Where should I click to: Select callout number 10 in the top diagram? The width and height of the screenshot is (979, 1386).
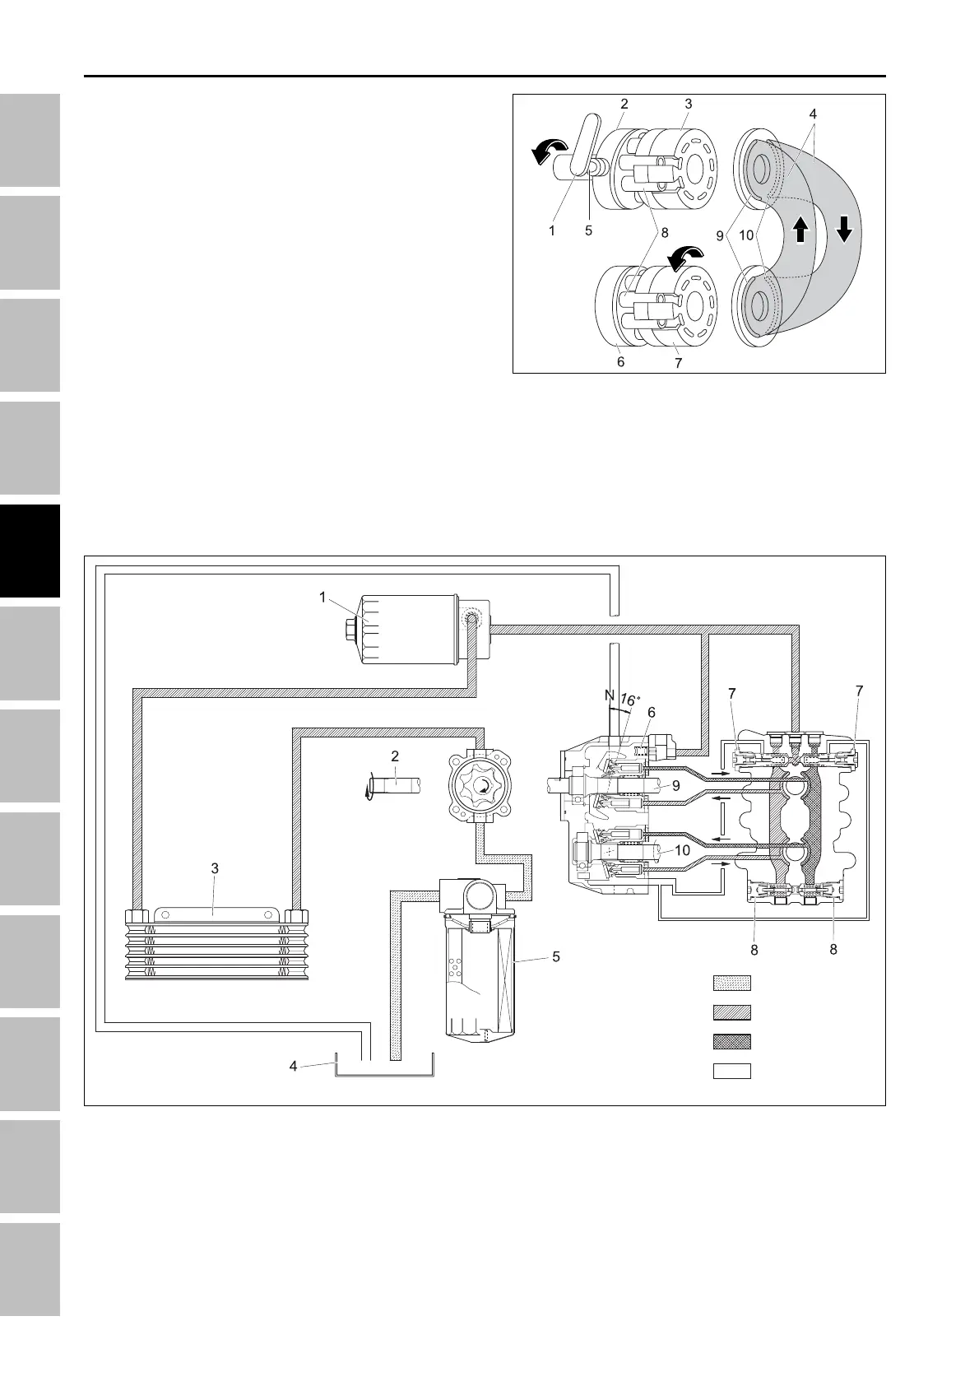(x=745, y=235)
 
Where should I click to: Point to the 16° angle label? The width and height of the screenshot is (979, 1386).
(x=629, y=700)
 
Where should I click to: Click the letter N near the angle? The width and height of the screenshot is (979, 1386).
(x=610, y=695)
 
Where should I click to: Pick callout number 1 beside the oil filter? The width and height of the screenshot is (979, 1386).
(x=323, y=597)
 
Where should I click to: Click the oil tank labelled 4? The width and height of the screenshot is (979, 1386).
(x=384, y=1067)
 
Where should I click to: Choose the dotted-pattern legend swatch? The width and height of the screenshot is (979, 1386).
(x=731, y=983)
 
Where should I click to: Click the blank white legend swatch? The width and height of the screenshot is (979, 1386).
(x=731, y=1071)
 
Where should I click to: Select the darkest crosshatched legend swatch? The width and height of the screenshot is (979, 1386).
(x=731, y=1041)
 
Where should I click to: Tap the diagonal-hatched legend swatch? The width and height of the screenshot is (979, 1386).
(x=731, y=1012)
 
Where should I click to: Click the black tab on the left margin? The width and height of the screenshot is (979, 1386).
(x=30, y=551)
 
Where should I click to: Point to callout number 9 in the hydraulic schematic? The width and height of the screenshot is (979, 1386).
(x=675, y=785)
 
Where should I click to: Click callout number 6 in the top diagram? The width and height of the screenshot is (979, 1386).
(x=620, y=362)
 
